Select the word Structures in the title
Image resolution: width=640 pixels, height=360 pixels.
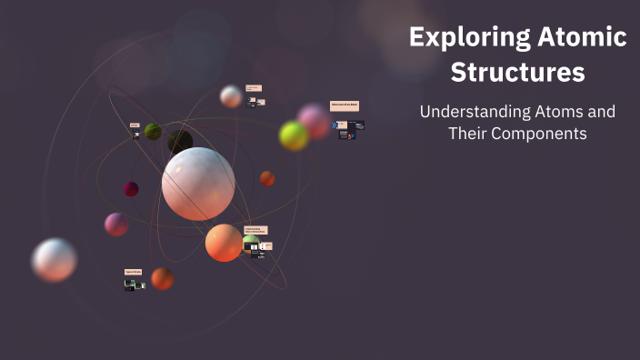pyautogui.click(x=517, y=71)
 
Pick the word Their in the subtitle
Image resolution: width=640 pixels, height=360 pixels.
pyautogui.click(x=470, y=134)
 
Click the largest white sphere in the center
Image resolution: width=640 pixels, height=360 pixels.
pyautogui.click(x=198, y=184)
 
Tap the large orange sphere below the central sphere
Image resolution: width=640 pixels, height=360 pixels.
pyautogui.click(x=224, y=243)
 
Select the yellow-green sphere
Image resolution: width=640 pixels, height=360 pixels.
pyautogui.click(x=294, y=136)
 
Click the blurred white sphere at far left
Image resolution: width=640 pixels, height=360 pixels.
pyautogui.click(x=55, y=260)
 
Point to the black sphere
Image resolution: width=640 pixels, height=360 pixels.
pyautogui.click(x=180, y=141)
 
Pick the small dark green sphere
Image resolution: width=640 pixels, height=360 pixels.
pyautogui.click(x=153, y=132)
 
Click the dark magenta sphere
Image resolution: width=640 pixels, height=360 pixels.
pyautogui.click(x=131, y=189)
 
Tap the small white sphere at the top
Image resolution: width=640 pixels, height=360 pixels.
pyautogui.click(x=231, y=96)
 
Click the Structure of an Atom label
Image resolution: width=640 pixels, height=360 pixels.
pyautogui.click(x=345, y=105)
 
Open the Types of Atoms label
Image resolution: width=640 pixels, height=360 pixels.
pyautogui.click(x=133, y=272)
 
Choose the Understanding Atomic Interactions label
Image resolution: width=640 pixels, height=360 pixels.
pyautogui.click(x=255, y=231)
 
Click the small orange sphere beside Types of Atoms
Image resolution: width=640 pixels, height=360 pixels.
pyautogui.click(x=163, y=278)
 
